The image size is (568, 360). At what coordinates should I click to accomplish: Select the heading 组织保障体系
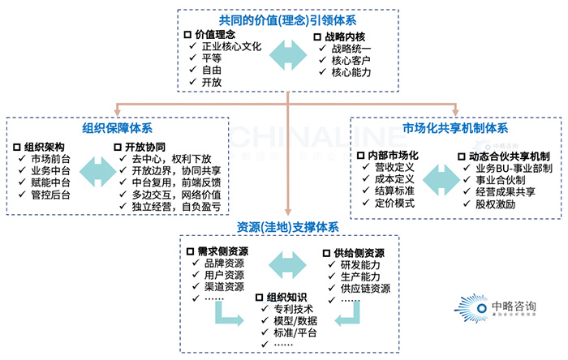pos(117,129)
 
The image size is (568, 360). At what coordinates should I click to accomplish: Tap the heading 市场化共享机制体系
pos(455,129)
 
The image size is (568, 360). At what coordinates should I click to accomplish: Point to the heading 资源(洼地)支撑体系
pos(288,226)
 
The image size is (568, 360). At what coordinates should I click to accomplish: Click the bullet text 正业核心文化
pos(231,46)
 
